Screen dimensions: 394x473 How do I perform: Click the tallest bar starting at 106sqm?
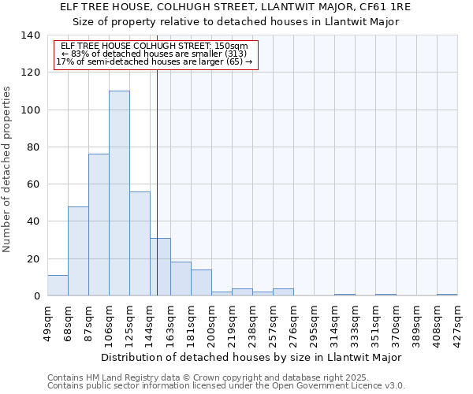pyautogui.click(x=119, y=193)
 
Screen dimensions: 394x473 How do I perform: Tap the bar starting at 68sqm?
pyautogui.click(x=78, y=251)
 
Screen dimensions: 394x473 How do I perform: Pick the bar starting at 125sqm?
pyautogui.click(x=140, y=243)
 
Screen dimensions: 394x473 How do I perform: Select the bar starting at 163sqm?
pyautogui.click(x=181, y=279)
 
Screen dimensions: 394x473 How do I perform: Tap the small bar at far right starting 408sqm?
pyautogui.click(x=447, y=295)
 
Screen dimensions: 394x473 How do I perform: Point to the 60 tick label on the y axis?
pyautogui.click(x=32, y=184)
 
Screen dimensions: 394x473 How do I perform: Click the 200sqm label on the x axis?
pyautogui.click(x=211, y=323)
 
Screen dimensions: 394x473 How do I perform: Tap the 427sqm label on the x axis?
pyautogui.click(x=457, y=323)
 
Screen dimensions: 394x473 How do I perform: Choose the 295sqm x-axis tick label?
pyautogui.click(x=314, y=323)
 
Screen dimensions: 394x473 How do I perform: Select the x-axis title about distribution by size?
pyautogui.click(x=251, y=357)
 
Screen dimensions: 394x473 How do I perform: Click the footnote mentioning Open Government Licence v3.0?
pyautogui.click(x=225, y=386)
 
